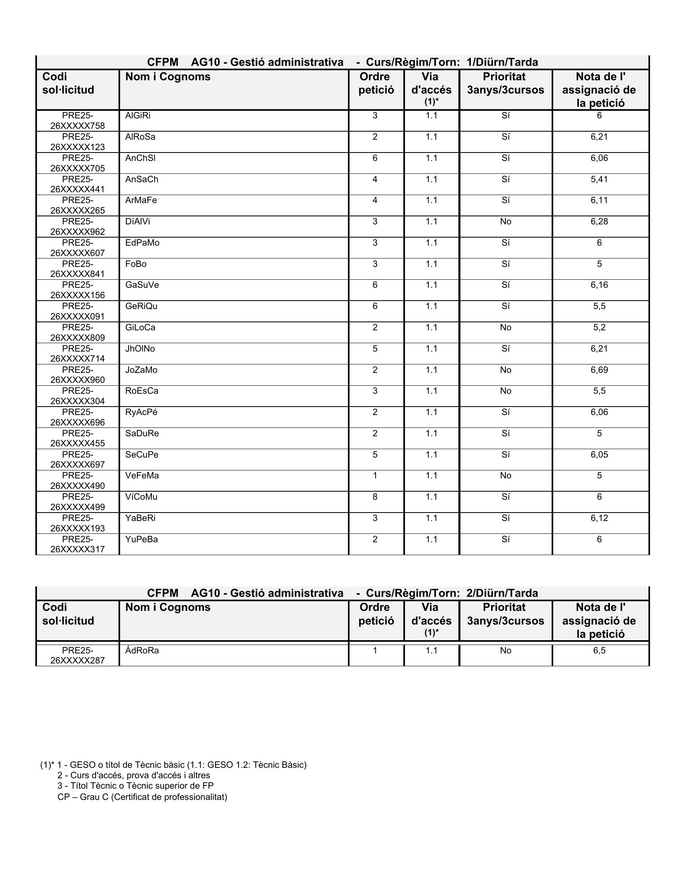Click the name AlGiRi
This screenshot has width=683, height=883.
click(x=137, y=116)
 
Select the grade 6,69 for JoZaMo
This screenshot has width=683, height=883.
click(x=599, y=370)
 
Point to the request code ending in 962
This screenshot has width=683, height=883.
click(x=77, y=227)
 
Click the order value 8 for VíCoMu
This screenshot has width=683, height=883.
click(x=375, y=497)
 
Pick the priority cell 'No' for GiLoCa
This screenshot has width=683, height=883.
click(x=505, y=328)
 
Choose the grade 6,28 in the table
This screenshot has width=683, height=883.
click(x=599, y=222)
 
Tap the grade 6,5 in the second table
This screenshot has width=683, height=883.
click(x=599, y=651)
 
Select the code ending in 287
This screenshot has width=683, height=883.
click(x=77, y=655)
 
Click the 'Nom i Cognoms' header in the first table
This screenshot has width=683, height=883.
click(x=168, y=77)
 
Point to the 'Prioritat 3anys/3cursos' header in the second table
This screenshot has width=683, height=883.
click(x=505, y=614)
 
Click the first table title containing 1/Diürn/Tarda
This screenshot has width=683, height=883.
click(x=342, y=62)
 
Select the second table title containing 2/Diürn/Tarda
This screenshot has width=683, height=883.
click(x=342, y=593)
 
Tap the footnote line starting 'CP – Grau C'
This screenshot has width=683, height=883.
click(x=143, y=797)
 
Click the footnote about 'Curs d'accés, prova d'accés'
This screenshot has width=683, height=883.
click(x=133, y=775)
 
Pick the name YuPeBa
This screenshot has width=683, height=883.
click(x=141, y=539)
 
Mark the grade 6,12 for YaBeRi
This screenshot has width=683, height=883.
click(x=599, y=518)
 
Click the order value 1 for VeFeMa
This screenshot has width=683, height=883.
click(x=375, y=476)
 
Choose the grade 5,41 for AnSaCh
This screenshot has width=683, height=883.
click(x=599, y=179)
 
